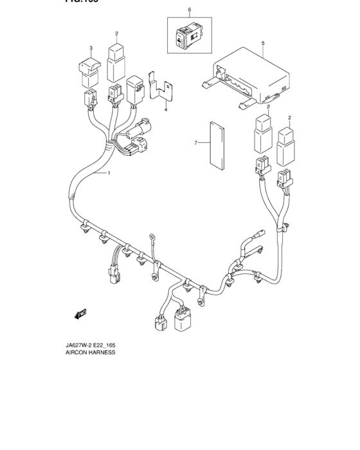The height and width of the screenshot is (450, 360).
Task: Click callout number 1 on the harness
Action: click(109, 174)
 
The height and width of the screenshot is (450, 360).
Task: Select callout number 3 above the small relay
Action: click(91, 48)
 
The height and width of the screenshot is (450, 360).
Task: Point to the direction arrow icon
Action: click(80, 314)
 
